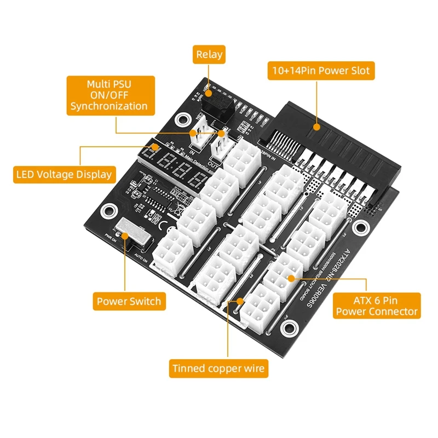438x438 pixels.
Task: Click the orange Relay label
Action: (209, 54)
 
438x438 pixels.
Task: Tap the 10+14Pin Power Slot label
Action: (321, 70)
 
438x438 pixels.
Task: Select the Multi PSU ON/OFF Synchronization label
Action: (108, 95)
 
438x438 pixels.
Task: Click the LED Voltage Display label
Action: (64, 175)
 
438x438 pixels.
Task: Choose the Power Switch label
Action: (129, 301)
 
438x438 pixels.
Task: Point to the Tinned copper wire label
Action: (218, 368)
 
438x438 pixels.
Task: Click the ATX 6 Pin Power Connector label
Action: (377, 306)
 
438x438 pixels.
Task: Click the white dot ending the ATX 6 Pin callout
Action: (291, 279)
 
